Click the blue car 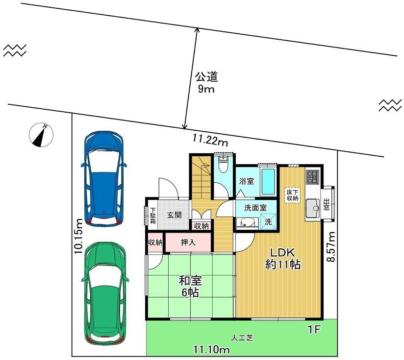coord(104,179)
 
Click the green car coord(105,294)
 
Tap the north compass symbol coord(41,135)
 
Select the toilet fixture coord(223,165)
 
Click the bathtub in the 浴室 coord(268,182)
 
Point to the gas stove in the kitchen coord(313,177)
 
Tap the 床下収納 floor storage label coord(293,195)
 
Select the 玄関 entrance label coord(175,215)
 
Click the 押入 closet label coord(188,242)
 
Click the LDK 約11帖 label coord(282,258)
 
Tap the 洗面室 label coord(255,208)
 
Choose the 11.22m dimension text coord(210,141)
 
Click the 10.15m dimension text coord(78,236)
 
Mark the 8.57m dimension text coord(331,247)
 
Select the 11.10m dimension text coord(212,350)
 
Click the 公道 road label coord(206,77)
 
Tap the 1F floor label coord(314,329)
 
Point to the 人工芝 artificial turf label coord(242,338)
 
